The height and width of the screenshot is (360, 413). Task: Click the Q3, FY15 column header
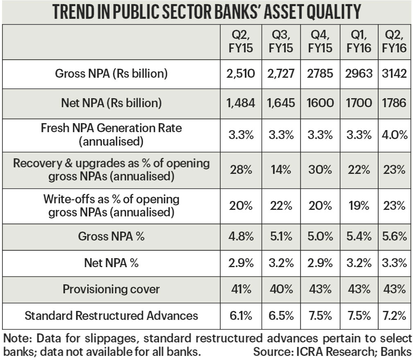pos(281,42)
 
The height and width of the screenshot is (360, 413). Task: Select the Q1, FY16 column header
pos(359,42)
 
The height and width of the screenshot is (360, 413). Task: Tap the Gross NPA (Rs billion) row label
pos(111,73)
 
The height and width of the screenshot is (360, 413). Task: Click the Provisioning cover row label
pos(111,289)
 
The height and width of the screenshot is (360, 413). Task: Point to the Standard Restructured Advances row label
pos(111,315)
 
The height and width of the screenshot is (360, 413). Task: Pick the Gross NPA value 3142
pos(394,73)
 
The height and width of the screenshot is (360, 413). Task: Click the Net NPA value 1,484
pos(241,103)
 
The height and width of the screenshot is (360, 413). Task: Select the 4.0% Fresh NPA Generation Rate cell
pos(395,135)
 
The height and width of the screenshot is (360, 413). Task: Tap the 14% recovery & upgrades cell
pos(281,170)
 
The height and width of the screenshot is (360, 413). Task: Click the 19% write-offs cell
pos(359,205)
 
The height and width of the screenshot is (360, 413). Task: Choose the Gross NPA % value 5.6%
pos(395,236)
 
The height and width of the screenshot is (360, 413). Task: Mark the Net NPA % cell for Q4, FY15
pos(320,263)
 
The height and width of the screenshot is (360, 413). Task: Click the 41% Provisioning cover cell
pos(241,289)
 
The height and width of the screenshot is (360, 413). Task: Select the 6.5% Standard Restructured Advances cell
pos(281,315)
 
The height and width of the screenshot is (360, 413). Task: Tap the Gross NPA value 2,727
pos(281,73)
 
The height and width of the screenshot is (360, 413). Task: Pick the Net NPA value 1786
pos(394,103)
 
